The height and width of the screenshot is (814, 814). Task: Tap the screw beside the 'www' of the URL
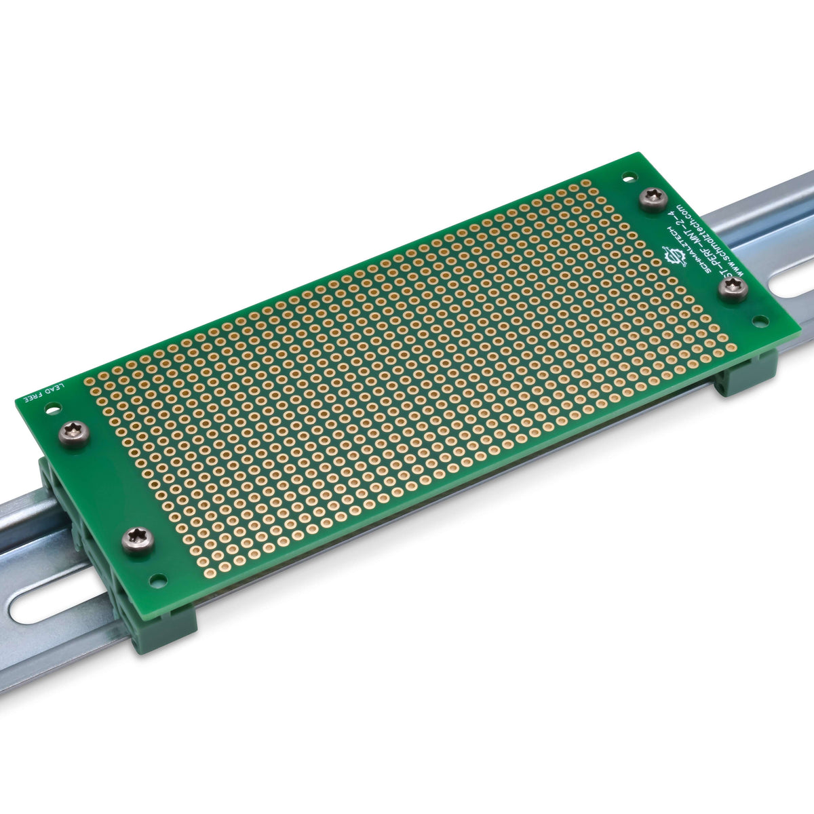(x=733, y=290)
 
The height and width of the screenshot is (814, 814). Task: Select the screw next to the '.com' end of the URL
(x=654, y=199)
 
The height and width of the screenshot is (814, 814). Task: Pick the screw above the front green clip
(x=138, y=541)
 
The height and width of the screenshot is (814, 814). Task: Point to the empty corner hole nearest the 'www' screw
(x=761, y=319)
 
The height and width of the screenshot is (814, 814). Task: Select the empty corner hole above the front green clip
(x=158, y=581)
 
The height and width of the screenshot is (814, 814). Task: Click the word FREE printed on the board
(x=33, y=397)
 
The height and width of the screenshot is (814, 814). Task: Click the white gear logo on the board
(x=674, y=256)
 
